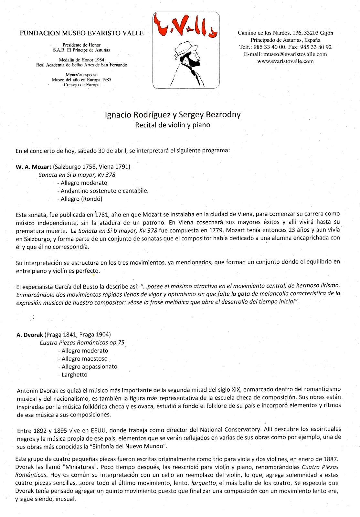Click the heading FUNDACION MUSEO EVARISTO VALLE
[81, 33]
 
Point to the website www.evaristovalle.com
[285, 61]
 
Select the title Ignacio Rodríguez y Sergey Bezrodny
[173, 115]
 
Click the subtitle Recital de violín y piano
[173, 125]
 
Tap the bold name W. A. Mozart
[34, 167]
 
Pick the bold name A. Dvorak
[30, 335]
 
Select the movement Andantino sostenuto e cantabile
[104, 191]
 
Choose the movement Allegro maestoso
[84, 359]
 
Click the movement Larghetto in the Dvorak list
[74, 375]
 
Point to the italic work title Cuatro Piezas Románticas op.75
[82, 343]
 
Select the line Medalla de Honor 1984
[81, 60]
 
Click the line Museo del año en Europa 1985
[81, 80]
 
